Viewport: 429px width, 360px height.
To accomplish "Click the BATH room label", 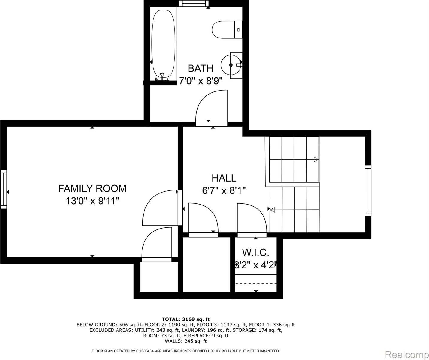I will click(x=200, y=68).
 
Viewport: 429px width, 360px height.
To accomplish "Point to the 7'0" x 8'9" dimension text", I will click(x=200, y=81).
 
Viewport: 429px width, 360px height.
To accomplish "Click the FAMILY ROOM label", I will click(x=92, y=188).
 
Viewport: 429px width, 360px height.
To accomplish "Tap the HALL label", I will click(x=224, y=178).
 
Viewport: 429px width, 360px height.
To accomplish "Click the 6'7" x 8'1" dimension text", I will click(x=224, y=190).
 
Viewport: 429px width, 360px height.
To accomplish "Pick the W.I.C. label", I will click(x=255, y=253).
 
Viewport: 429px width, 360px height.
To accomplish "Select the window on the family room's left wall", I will click(x=4, y=189).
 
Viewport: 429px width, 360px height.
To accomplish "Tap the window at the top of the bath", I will click(x=193, y=3).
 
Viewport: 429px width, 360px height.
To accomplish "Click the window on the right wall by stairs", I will click(x=368, y=190).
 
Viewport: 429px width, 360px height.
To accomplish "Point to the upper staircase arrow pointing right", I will click(x=316, y=159).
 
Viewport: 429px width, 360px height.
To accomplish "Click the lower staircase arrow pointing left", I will click(x=273, y=210).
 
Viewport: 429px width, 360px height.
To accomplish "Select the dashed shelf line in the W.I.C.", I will click(x=255, y=283).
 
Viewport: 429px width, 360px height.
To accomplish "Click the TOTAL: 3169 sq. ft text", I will click(x=186, y=319).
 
